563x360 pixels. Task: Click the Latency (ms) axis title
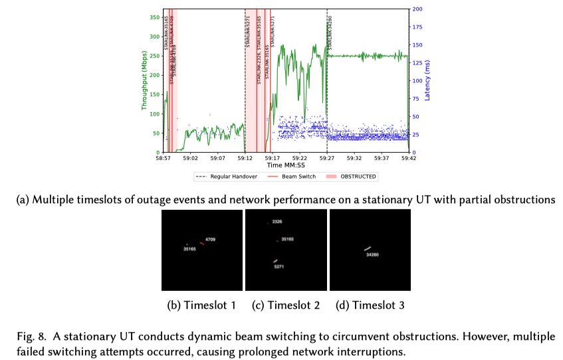[x=427, y=80]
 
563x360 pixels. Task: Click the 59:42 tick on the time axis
[x=408, y=159]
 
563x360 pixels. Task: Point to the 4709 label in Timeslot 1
[x=211, y=239]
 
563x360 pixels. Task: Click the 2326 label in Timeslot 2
[x=278, y=222]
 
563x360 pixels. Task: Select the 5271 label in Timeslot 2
[x=279, y=266]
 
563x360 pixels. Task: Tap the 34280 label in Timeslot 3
[x=372, y=254]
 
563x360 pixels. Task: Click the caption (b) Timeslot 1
[x=201, y=306]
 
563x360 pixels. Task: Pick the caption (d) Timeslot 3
[x=370, y=306]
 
